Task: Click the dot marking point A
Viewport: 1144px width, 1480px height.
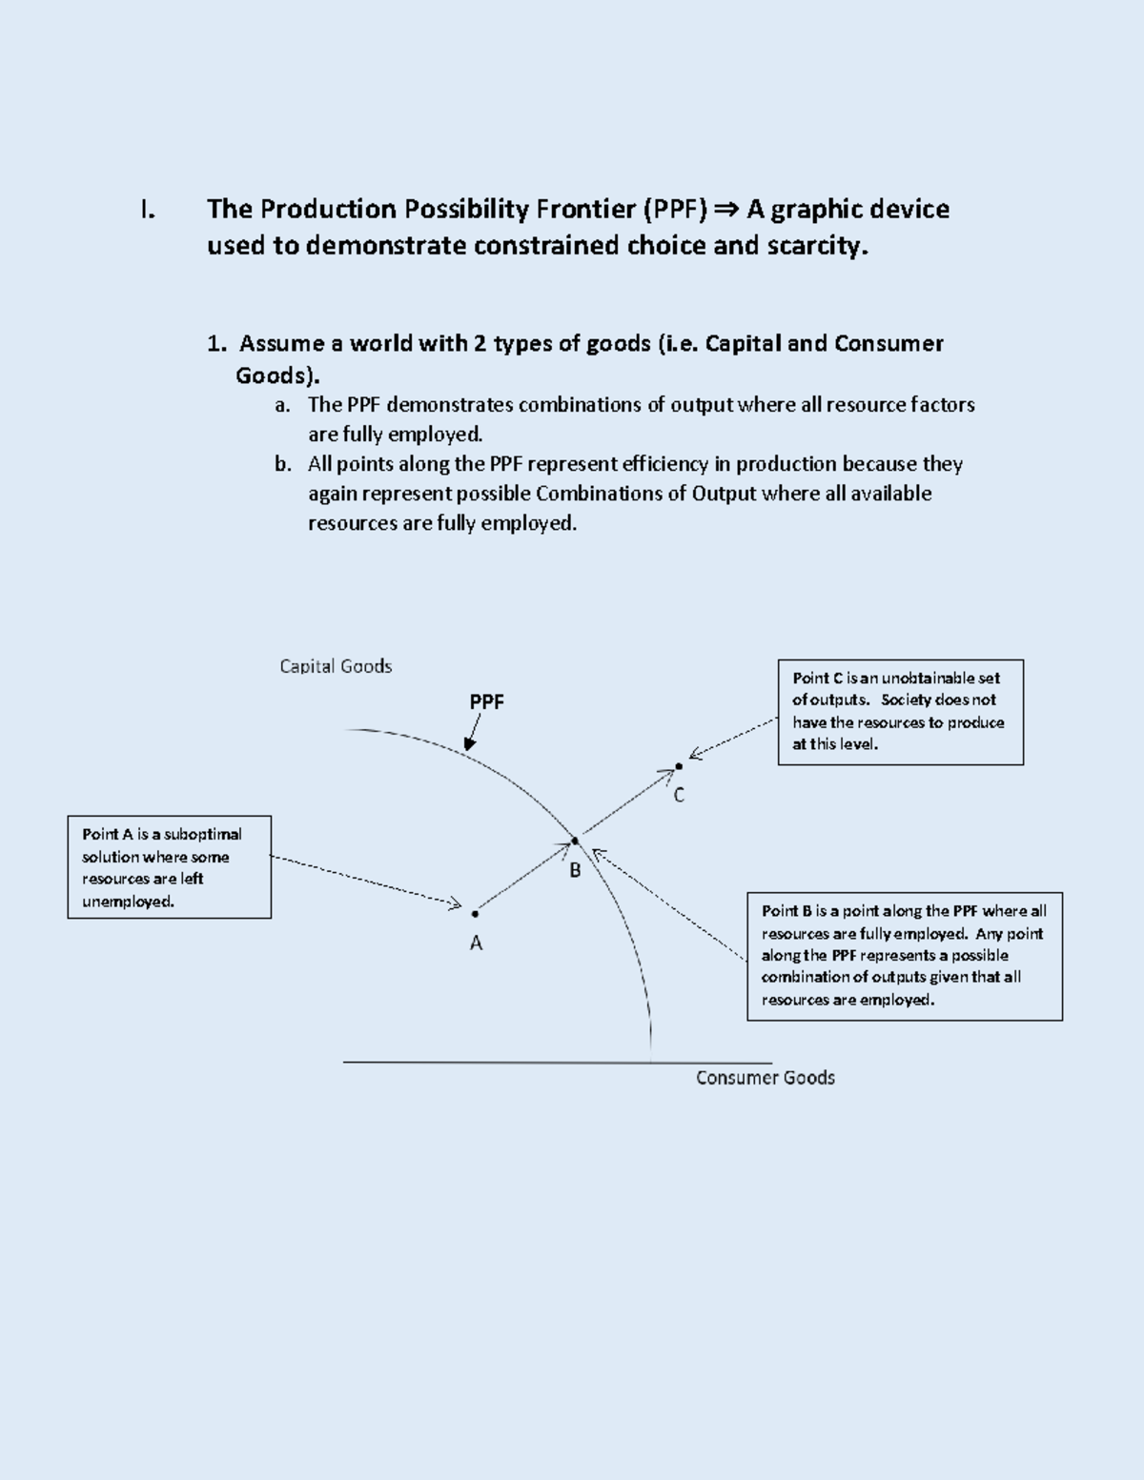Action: [x=475, y=914]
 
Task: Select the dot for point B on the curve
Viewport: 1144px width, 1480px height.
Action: [x=575, y=841]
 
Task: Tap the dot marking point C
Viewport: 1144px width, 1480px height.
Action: [x=679, y=766]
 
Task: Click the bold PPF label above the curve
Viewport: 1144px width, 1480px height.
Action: [x=486, y=701]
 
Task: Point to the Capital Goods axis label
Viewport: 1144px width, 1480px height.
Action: [x=336, y=666]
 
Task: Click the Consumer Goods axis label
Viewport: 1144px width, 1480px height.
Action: [x=765, y=1078]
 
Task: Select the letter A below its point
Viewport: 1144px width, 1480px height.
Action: [x=476, y=943]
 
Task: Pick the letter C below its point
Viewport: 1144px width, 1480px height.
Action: [x=679, y=795]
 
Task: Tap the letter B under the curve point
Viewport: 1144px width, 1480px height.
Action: [x=575, y=870]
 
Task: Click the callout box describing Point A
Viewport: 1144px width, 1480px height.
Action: [x=170, y=867]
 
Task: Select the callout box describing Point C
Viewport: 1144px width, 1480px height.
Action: [x=901, y=712]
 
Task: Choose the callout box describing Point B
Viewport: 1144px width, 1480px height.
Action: [x=905, y=957]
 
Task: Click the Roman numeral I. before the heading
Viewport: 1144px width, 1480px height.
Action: [x=147, y=210]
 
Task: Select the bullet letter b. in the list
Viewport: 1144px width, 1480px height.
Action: [x=282, y=464]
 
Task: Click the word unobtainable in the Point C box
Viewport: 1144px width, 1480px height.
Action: [x=940, y=679]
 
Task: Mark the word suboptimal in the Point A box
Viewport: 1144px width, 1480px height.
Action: [x=203, y=835]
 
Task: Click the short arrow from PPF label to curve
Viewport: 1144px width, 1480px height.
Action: [x=473, y=732]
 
